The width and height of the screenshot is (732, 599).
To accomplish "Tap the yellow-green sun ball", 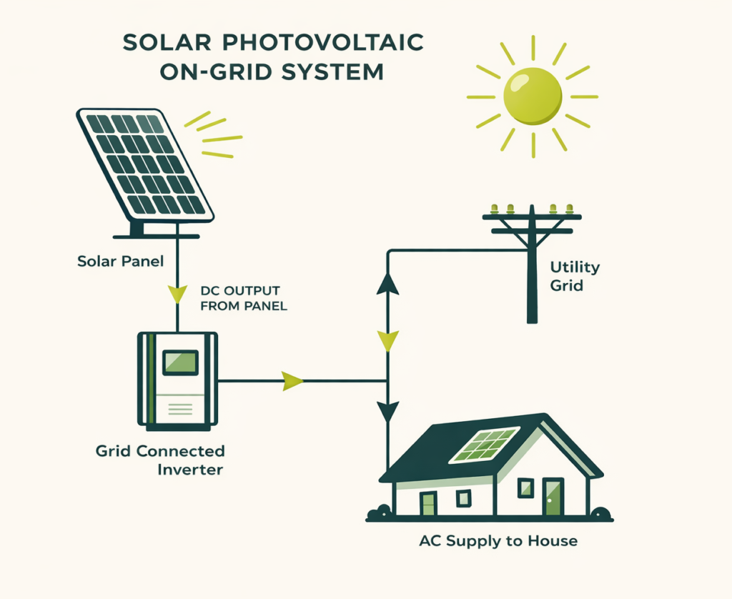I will (x=533, y=96).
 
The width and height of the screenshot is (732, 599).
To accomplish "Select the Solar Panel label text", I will (x=120, y=261).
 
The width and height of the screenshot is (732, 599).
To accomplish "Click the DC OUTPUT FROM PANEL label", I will (x=239, y=299).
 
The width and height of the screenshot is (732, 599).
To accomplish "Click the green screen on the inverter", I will (x=180, y=362).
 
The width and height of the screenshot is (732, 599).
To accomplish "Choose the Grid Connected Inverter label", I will (x=160, y=460).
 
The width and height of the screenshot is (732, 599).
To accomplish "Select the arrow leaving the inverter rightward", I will (x=292, y=381).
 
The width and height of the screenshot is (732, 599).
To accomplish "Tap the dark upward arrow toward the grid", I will (x=387, y=282).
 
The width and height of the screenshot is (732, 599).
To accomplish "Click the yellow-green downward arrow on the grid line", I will (x=387, y=341).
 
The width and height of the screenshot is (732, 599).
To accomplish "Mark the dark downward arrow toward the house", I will (x=387, y=411).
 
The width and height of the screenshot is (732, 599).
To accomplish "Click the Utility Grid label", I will (x=575, y=277).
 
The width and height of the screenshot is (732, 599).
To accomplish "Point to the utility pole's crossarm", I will (x=533, y=215).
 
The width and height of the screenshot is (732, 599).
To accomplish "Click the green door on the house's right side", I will (x=553, y=497).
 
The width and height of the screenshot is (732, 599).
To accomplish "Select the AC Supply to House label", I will (x=498, y=541).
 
